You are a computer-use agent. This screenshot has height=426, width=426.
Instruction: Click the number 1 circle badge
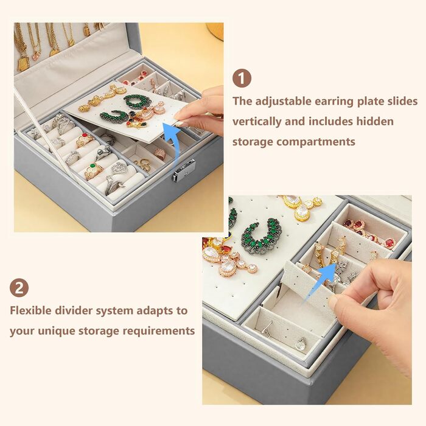tap(242, 79)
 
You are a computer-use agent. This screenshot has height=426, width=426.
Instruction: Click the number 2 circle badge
tap(19, 288)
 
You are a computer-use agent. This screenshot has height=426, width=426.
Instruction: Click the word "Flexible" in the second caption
tap(30, 310)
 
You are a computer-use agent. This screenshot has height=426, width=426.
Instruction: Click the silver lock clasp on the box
tap(184, 170)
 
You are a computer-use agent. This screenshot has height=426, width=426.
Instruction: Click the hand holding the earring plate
tap(201, 111)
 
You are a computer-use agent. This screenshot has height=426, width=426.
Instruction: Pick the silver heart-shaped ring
tap(119, 168)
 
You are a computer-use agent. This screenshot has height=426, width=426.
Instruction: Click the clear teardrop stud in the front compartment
tap(301, 343)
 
